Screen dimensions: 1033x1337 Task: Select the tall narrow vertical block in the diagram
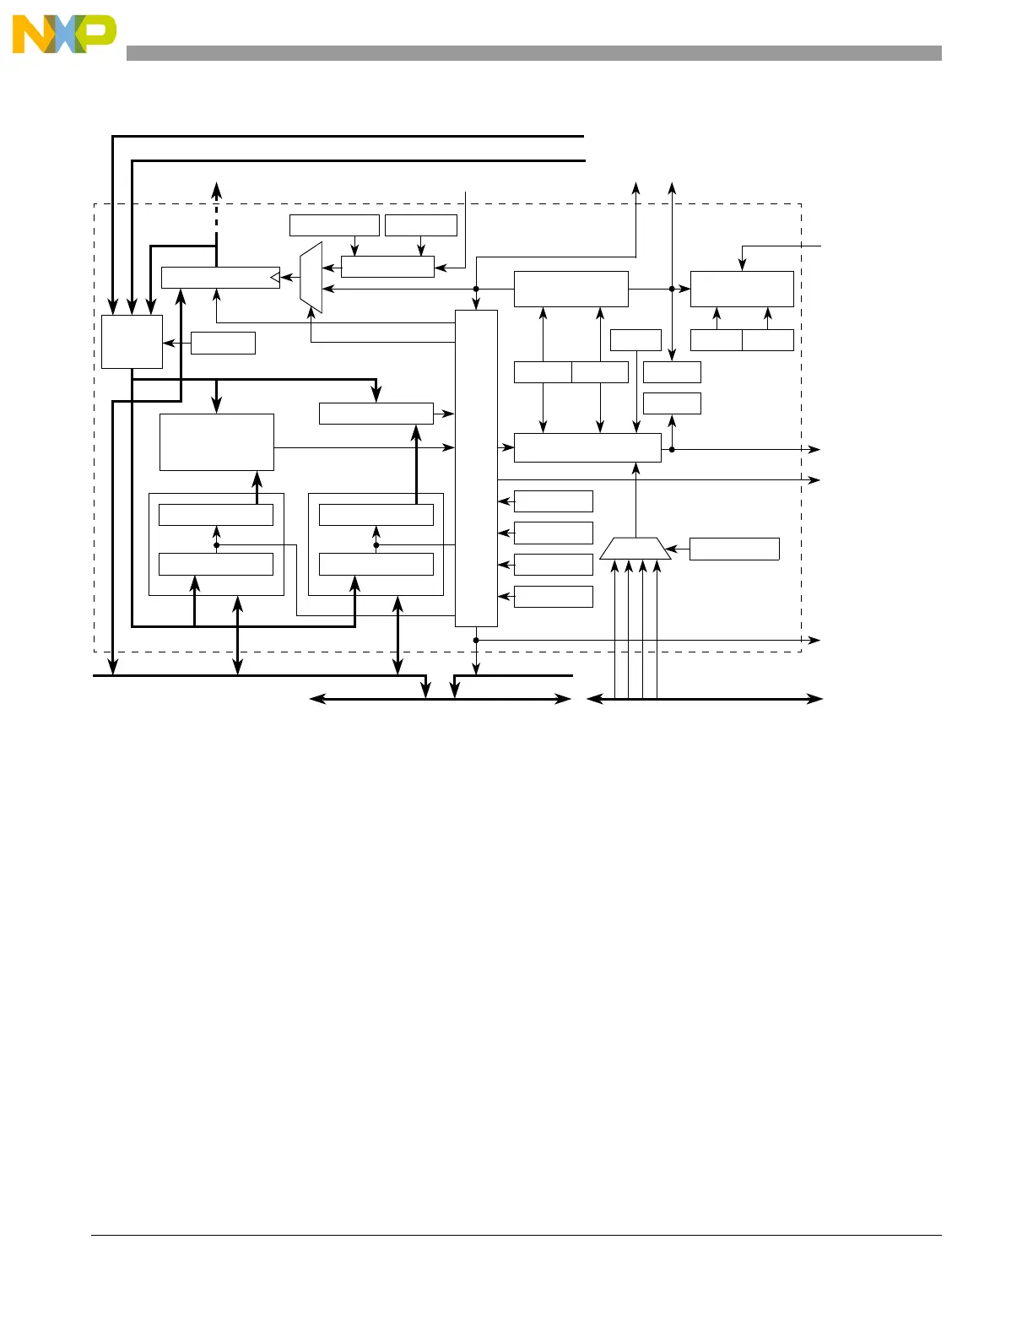pos(476,468)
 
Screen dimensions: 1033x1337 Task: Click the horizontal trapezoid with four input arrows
pos(635,549)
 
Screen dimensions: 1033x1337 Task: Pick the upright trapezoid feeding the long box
pos(311,278)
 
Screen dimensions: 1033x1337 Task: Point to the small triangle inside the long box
pos(273,277)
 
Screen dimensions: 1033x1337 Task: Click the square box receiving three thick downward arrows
pos(132,342)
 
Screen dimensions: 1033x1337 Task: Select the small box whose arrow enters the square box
pos(223,343)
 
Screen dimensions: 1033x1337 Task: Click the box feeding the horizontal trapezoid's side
pos(734,549)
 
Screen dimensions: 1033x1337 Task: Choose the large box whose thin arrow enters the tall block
pos(217,441)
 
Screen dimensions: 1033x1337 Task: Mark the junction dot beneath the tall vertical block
pos(476,640)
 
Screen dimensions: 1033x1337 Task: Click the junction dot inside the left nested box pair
pos(217,545)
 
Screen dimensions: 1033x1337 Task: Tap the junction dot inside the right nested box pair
pos(376,545)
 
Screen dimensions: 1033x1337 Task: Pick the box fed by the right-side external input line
pos(742,289)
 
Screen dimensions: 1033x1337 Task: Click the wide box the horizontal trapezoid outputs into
pos(587,447)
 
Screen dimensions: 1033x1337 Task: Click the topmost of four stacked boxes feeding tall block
pos(554,501)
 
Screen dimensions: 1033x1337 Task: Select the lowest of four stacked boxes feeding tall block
pos(554,597)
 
